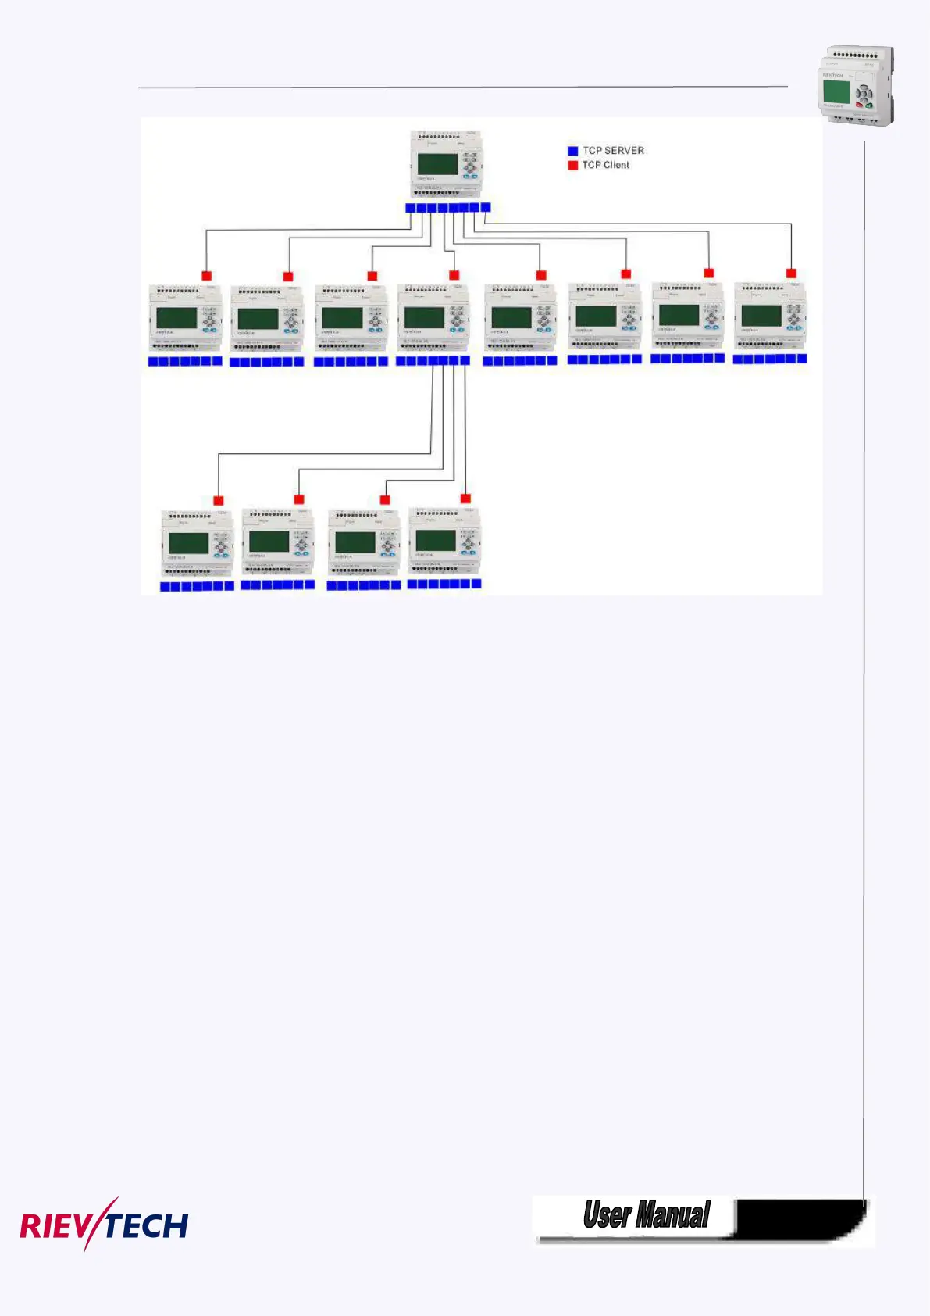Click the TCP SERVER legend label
[613, 150]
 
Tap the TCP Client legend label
[605, 165]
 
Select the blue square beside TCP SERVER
[573, 151]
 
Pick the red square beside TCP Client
[573, 166]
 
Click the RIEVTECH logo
[104, 1225]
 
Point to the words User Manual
[647, 1215]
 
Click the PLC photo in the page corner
[856, 85]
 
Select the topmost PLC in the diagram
[448, 164]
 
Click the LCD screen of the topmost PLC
[437, 164]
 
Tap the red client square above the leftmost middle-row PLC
[207, 276]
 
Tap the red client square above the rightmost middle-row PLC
[791, 274]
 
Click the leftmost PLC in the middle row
[186, 319]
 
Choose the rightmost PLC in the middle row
[771, 316]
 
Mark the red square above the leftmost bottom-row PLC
[219, 501]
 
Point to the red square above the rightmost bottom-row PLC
[466, 499]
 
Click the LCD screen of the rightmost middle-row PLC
[761, 315]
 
